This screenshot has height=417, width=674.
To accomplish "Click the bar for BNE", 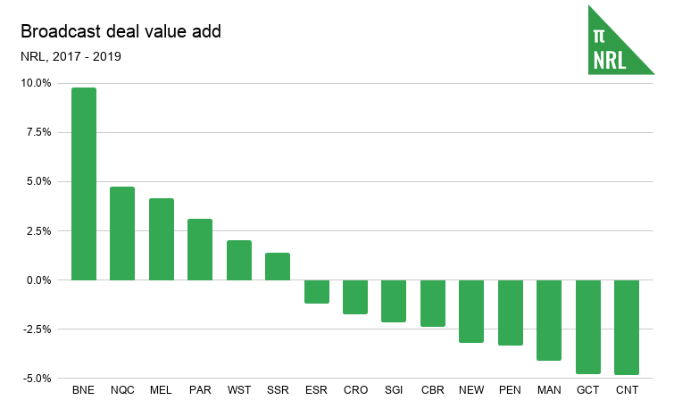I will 84,184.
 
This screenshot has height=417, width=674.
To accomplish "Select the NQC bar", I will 122,233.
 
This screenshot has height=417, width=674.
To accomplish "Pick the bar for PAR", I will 200,249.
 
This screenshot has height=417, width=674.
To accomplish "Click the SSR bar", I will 278,266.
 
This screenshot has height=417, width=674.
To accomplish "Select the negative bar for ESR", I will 317,291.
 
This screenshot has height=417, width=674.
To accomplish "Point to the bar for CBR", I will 433,303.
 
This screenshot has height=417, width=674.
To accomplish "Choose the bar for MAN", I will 549,320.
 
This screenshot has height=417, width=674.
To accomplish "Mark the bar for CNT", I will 627,327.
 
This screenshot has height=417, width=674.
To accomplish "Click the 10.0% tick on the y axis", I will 37,83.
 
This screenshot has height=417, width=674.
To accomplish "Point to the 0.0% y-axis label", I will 39,279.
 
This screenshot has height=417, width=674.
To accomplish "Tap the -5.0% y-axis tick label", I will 37,379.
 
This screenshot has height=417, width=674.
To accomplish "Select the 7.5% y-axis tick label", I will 39,132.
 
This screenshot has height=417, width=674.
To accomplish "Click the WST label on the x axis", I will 239,390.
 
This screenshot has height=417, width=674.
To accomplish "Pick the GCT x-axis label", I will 588,390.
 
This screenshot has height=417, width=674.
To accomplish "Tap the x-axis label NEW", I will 471,390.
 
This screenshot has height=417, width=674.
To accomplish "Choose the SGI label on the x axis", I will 394,390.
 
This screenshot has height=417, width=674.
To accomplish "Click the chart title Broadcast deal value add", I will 121,31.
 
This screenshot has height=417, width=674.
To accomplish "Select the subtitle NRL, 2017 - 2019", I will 71,56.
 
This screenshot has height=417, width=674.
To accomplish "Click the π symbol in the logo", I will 599,36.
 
